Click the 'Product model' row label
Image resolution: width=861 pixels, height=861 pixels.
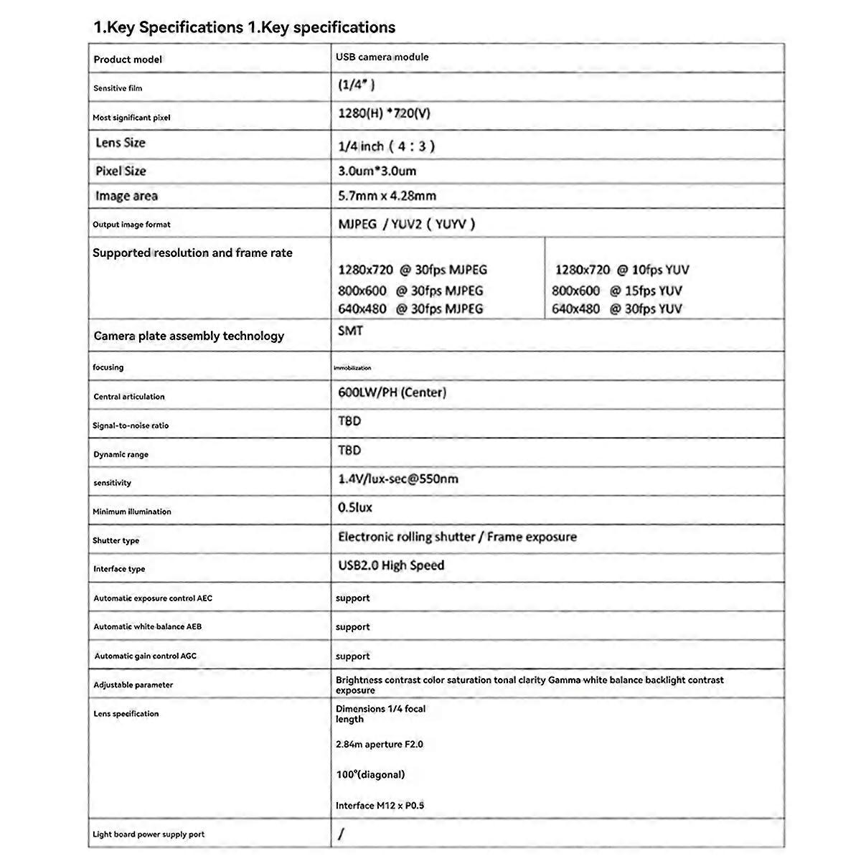pos(128,60)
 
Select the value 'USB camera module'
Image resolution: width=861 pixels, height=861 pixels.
pos(382,57)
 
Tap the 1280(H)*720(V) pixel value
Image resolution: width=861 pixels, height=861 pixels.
pos(384,113)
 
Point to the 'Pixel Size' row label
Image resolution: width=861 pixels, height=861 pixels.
pos(121,171)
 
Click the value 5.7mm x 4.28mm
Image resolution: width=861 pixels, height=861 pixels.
pos(387,196)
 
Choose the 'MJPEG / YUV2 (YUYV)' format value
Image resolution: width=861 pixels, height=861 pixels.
pos(407,224)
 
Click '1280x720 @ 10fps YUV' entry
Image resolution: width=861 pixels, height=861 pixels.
pos(621,270)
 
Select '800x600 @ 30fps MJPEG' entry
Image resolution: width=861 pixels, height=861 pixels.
pos(410,291)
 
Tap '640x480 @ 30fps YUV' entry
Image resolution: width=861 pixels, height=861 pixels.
pos(616,309)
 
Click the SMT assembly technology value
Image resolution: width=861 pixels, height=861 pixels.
pos(350,331)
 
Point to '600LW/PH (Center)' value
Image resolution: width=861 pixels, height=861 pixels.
pos(392,392)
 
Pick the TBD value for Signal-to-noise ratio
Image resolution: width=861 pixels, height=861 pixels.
pos(349,421)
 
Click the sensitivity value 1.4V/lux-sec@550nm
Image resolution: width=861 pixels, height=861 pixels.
pos(397,479)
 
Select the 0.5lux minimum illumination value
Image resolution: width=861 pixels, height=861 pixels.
pos(355,507)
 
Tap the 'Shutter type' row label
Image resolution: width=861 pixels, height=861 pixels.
pos(116,540)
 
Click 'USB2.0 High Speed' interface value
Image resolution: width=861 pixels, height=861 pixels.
pos(391,565)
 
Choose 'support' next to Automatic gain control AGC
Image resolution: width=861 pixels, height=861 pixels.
pos(352,656)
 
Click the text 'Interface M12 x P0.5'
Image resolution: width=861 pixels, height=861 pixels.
pos(380,805)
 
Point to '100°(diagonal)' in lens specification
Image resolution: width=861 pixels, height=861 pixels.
pos(370,774)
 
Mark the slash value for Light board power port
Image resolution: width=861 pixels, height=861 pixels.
pos(341,834)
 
